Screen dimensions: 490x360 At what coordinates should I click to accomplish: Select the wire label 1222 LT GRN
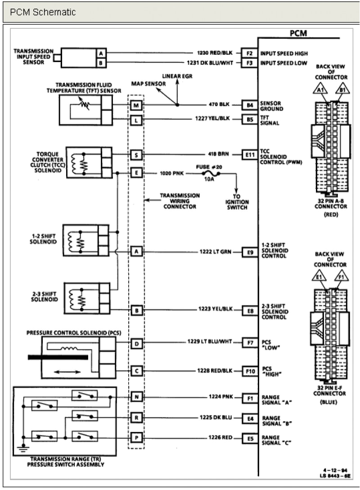coord(215,252)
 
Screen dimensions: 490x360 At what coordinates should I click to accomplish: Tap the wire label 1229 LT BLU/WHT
coord(209,342)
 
